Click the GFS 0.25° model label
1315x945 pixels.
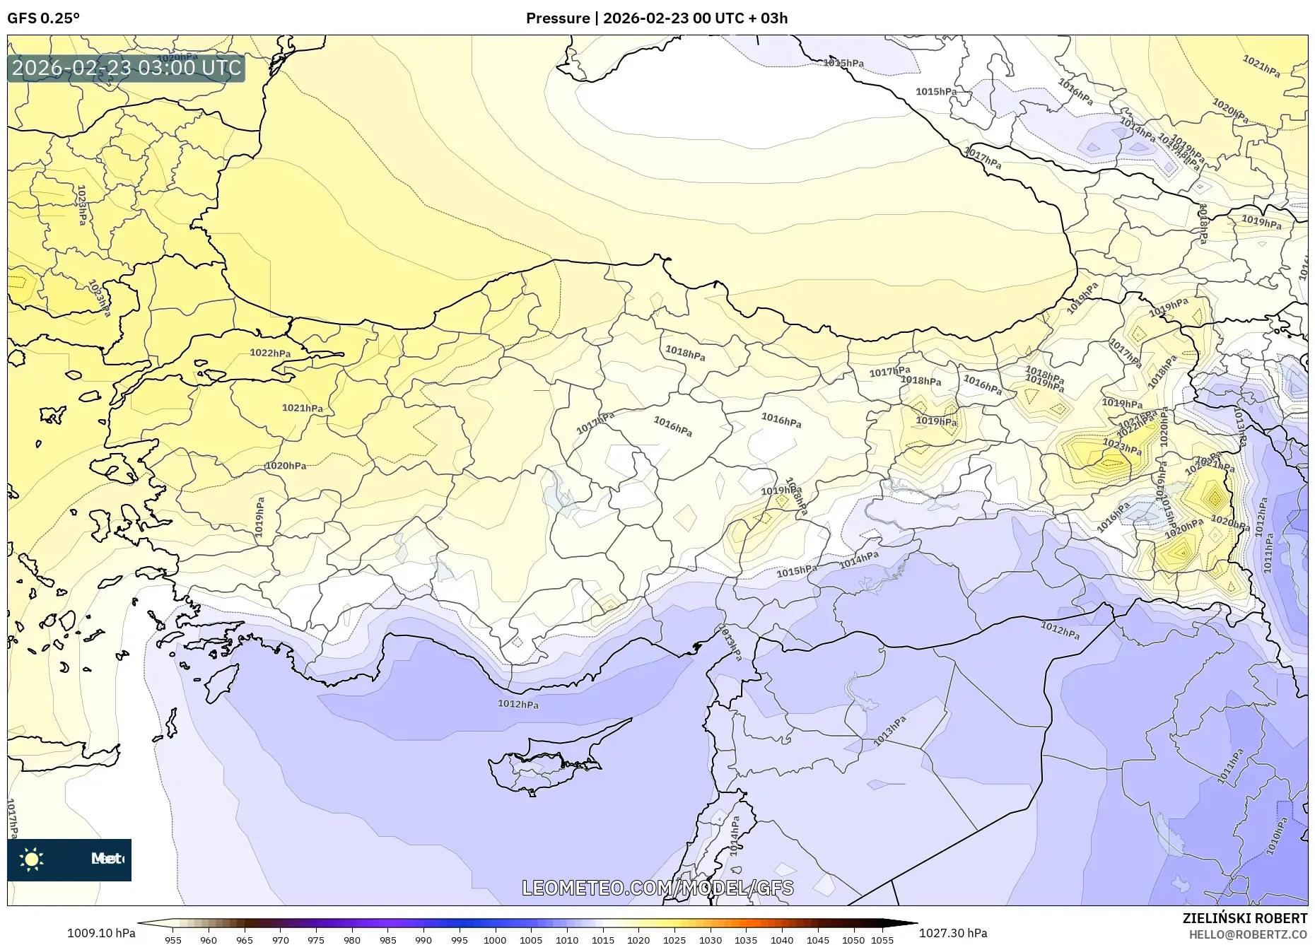click(43, 18)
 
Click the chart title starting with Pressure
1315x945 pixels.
click(656, 18)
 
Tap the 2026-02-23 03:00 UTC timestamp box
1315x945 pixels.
click(127, 68)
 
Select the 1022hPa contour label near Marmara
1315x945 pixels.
click(270, 353)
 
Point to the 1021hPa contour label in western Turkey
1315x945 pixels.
click(302, 409)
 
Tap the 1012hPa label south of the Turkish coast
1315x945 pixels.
click(518, 704)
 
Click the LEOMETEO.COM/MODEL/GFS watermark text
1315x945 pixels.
click(657, 888)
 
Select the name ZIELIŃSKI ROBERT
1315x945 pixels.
click(1244, 918)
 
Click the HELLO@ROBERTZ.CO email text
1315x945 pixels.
click(1248, 934)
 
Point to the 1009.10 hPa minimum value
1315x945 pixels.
click(101, 933)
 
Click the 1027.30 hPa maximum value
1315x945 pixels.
click(953, 933)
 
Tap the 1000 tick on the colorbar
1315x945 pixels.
click(495, 940)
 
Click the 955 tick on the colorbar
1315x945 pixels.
click(173, 940)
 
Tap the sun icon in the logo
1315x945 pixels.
click(32, 859)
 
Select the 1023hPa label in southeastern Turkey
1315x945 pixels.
click(1122, 447)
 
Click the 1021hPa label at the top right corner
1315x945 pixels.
click(1261, 66)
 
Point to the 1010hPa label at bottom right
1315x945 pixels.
click(1277, 837)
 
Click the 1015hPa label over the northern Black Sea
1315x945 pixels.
click(843, 63)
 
